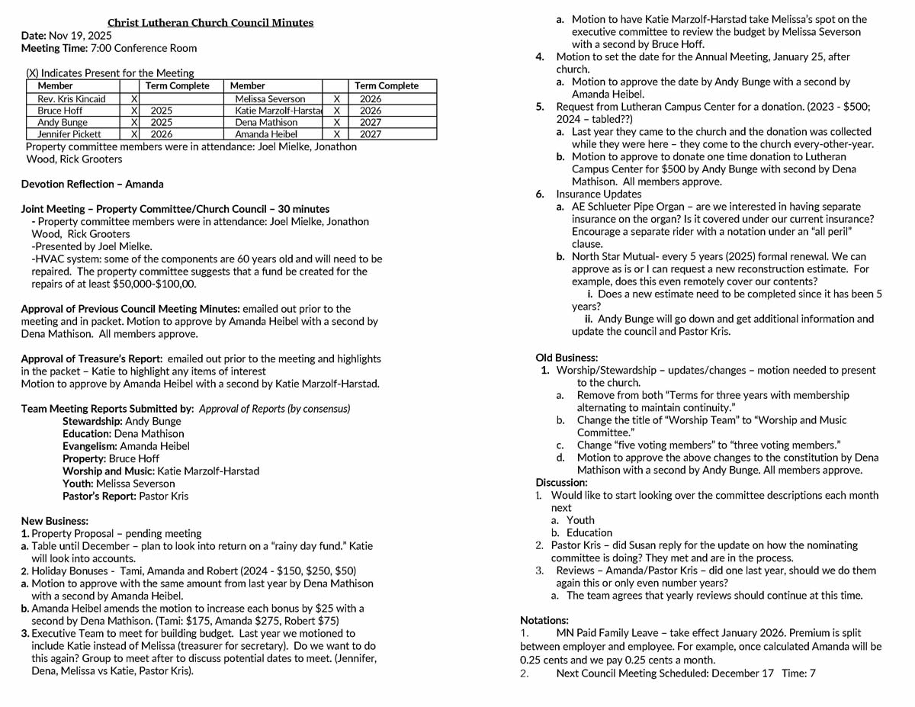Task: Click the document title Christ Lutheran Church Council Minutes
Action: tap(210, 23)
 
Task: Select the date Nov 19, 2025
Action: tap(80, 36)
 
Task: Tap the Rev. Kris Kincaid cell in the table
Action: tap(72, 99)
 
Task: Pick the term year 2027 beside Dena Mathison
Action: tap(371, 122)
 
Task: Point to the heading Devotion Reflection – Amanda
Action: tap(92, 184)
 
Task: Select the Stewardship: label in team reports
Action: tap(92, 421)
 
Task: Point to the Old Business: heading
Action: tap(567, 357)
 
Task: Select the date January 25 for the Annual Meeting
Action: tap(801, 57)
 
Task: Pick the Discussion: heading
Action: tap(561, 482)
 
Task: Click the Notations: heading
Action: tap(544, 620)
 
